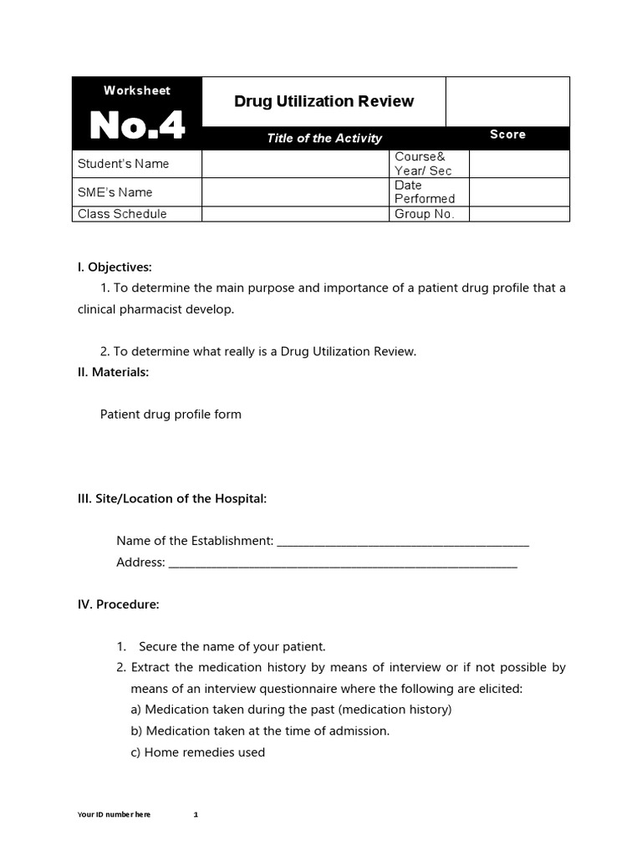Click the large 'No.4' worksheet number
(x=137, y=125)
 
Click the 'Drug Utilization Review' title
(x=324, y=101)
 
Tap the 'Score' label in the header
(x=507, y=135)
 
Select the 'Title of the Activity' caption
(x=324, y=139)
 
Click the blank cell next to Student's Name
(x=296, y=164)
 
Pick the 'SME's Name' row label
(x=115, y=192)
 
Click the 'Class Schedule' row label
(x=122, y=214)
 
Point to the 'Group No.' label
(x=425, y=214)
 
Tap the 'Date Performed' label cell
(x=425, y=191)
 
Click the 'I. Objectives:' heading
(x=115, y=267)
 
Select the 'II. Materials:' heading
(x=113, y=372)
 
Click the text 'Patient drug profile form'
(x=171, y=414)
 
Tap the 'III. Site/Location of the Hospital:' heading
(x=172, y=498)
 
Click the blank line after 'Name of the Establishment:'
(x=402, y=543)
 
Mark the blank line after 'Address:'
(x=343, y=563)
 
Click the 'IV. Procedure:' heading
(x=118, y=604)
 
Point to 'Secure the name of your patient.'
(x=232, y=646)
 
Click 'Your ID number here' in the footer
(x=114, y=815)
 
